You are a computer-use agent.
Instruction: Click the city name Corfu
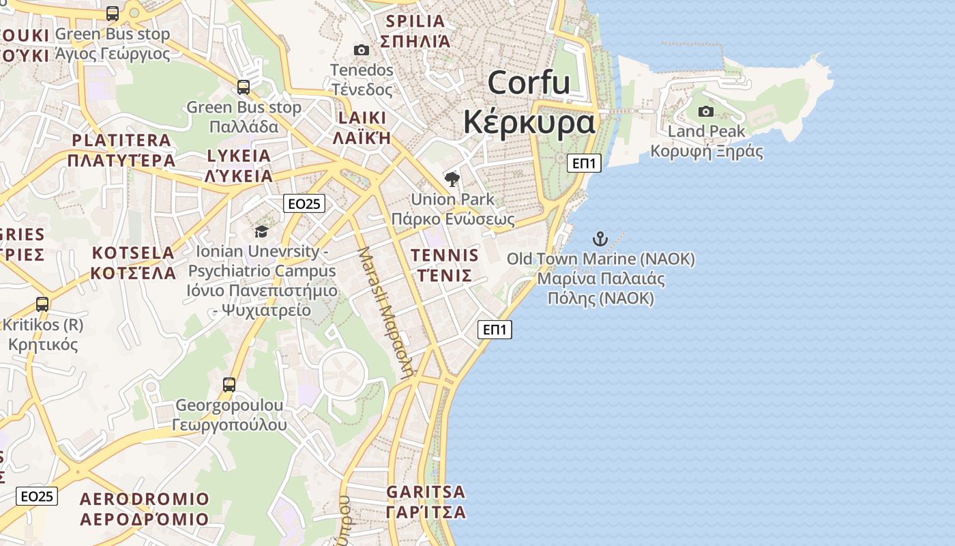click(x=529, y=83)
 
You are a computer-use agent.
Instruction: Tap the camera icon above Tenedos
click(x=362, y=50)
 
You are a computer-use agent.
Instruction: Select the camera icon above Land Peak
click(x=706, y=111)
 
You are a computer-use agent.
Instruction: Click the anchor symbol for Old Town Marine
click(x=600, y=238)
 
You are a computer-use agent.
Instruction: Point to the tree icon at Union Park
click(x=452, y=179)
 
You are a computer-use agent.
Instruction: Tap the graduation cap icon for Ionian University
click(x=261, y=232)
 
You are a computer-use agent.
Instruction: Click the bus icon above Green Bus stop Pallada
click(x=244, y=87)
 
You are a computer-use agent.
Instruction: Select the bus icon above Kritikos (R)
click(x=42, y=304)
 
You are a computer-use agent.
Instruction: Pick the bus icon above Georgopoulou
click(x=229, y=385)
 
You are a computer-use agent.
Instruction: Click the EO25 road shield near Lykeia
click(x=305, y=203)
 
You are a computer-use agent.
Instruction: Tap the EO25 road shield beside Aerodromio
click(x=37, y=496)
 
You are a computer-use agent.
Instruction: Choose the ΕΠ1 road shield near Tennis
click(x=495, y=330)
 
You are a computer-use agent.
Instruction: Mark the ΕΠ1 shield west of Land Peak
click(x=584, y=163)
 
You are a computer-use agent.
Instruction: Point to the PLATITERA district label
click(x=121, y=141)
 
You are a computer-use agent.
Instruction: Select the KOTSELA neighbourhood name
click(x=134, y=253)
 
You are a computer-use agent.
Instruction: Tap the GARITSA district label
click(x=426, y=492)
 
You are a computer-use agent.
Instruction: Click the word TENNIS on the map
click(x=445, y=256)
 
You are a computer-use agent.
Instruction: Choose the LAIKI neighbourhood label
click(x=362, y=117)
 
